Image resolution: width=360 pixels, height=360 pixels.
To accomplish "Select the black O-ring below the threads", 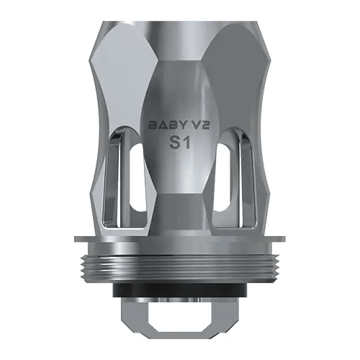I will pos(179,284).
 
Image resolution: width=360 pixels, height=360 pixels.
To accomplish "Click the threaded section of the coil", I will pos(179,263).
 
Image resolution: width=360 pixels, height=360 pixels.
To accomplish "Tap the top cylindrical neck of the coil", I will pos(179,14).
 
